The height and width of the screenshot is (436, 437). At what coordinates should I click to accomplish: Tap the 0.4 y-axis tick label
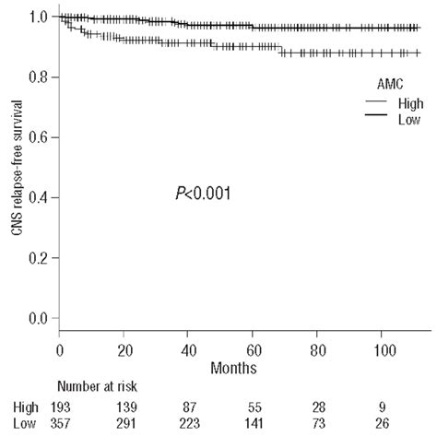pyautogui.click(x=39, y=198)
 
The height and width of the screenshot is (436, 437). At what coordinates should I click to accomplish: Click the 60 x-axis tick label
pyautogui.click(x=253, y=350)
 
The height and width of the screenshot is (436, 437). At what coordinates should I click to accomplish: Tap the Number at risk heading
pyautogui.click(x=101, y=388)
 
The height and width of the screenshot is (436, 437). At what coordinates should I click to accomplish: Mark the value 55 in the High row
pyautogui.click(x=253, y=406)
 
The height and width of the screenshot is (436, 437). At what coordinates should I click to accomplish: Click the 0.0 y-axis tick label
pyautogui.click(x=39, y=319)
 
